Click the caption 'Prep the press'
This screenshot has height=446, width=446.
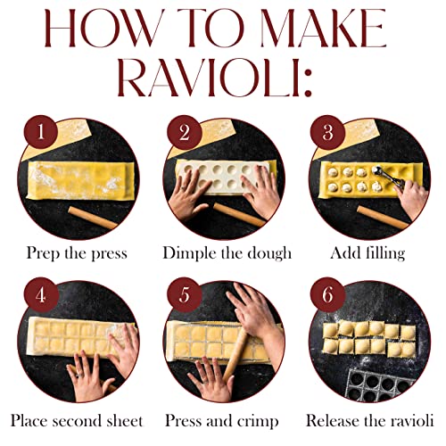[76, 253]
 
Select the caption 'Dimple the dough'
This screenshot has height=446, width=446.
[227, 253]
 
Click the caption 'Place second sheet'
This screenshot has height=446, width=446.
[78, 419]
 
